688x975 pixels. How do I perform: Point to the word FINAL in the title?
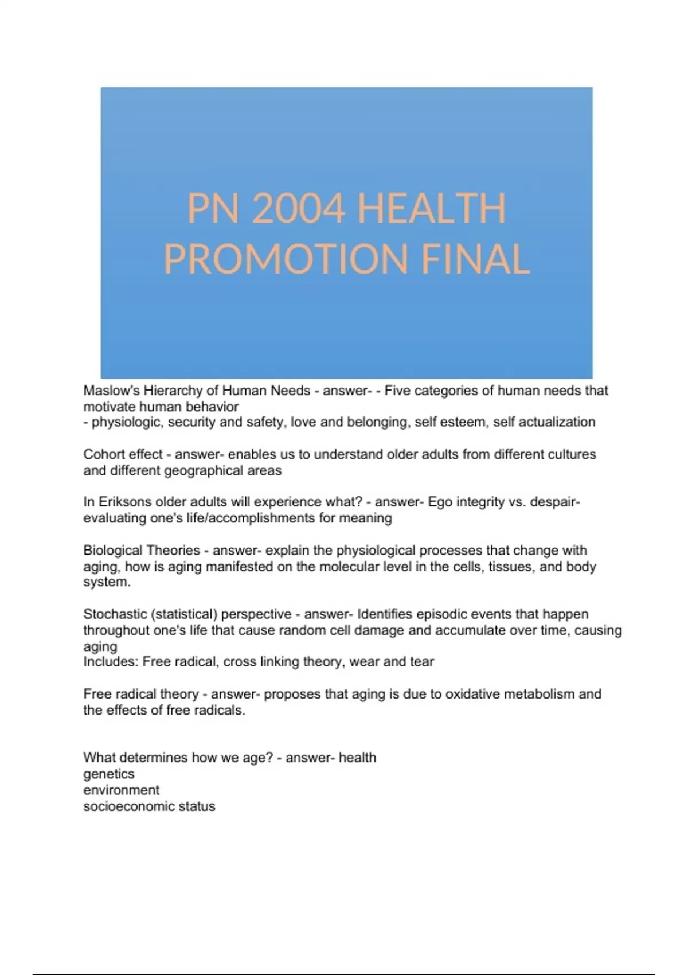[475, 259]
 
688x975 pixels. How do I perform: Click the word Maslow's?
[111, 391]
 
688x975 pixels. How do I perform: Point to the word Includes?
[111, 662]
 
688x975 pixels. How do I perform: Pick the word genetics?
[109, 774]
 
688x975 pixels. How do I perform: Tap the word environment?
[122, 790]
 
